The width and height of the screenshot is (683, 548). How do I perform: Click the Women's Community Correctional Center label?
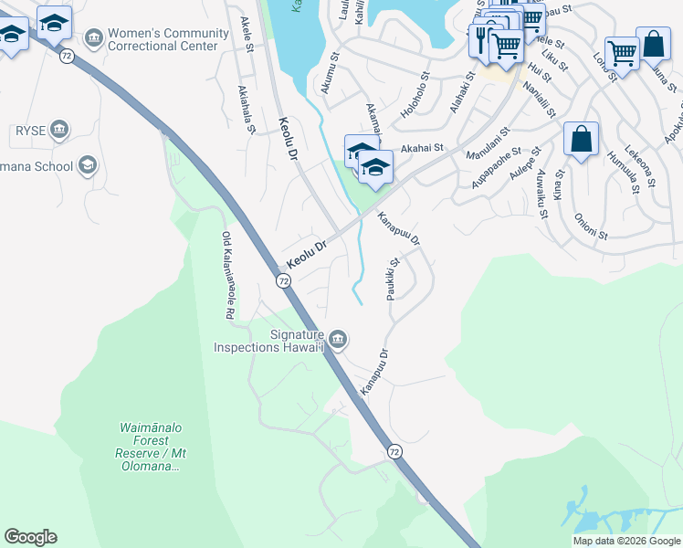pyautogui.click(x=168, y=39)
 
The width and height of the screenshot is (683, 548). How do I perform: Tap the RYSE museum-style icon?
pyautogui.click(x=60, y=130)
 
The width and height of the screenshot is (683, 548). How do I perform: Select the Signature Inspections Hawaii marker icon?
pyautogui.click(x=338, y=340)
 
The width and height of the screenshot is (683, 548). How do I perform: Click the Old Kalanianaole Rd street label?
pyautogui.click(x=226, y=275)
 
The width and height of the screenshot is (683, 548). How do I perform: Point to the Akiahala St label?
pyautogui.click(x=246, y=110)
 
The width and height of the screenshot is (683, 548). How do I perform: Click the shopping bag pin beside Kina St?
pyautogui.click(x=581, y=139)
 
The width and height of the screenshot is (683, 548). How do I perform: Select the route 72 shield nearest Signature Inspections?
pyautogui.click(x=284, y=281)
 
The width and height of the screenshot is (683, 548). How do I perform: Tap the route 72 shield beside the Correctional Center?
pyautogui.click(x=66, y=57)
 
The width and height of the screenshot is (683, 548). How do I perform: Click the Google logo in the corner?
pyautogui.click(x=30, y=537)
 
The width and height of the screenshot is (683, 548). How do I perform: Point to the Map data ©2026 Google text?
pyautogui.click(x=626, y=541)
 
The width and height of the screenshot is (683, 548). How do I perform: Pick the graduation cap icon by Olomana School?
pyautogui.click(x=87, y=164)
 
